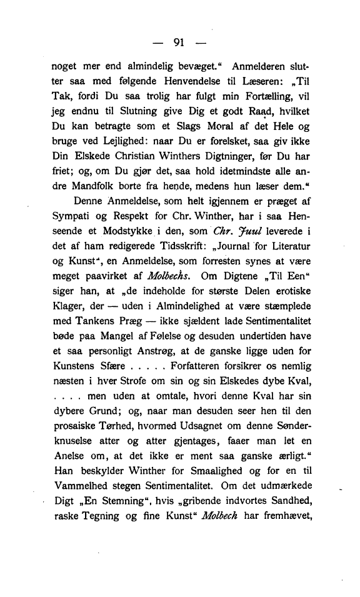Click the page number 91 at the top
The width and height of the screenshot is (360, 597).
point(179,43)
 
